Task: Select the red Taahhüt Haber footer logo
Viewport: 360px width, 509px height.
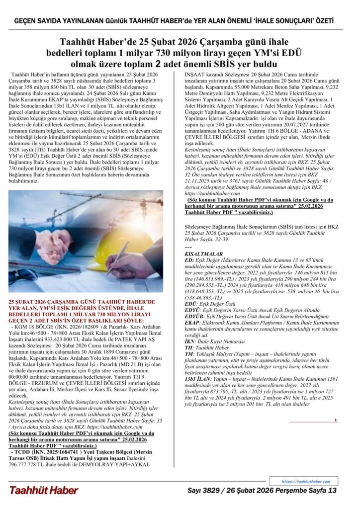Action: (x=43, y=491)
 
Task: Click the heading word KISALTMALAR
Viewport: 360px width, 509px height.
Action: (x=199, y=254)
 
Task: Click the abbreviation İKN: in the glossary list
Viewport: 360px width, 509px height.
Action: (x=190, y=341)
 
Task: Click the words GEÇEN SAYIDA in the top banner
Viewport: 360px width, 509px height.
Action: (x=37, y=21)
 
